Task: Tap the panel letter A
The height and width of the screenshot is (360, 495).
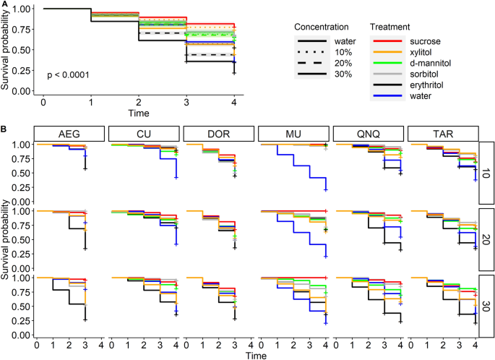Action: [x=4, y=4]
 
